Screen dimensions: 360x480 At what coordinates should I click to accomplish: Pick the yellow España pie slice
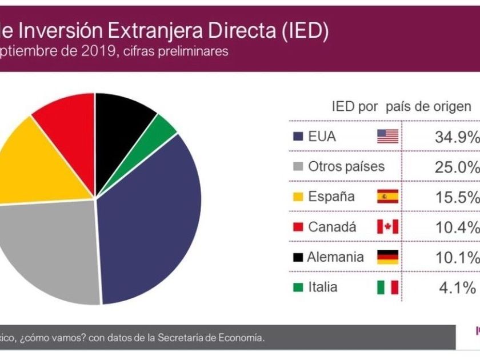pyautogui.click(x=29, y=160)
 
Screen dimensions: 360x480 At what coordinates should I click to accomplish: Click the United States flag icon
pyautogui.click(x=387, y=137)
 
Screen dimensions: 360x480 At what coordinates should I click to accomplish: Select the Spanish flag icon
pyautogui.click(x=387, y=197)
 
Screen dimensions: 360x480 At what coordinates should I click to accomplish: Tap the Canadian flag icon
pyautogui.click(x=387, y=227)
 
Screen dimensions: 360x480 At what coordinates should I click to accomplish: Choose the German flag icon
pyautogui.click(x=387, y=257)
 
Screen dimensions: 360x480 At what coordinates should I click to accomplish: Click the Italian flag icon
pyautogui.click(x=387, y=287)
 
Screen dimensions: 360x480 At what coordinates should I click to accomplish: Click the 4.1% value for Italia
pyautogui.click(x=457, y=287)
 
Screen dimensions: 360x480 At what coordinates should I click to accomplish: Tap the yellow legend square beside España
pyautogui.click(x=297, y=198)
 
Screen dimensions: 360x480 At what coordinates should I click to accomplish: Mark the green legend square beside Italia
pyautogui.click(x=297, y=287)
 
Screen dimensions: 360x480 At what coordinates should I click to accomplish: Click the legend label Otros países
pyautogui.click(x=346, y=167)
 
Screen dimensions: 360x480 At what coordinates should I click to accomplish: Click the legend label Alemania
pyautogui.click(x=335, y=257)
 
